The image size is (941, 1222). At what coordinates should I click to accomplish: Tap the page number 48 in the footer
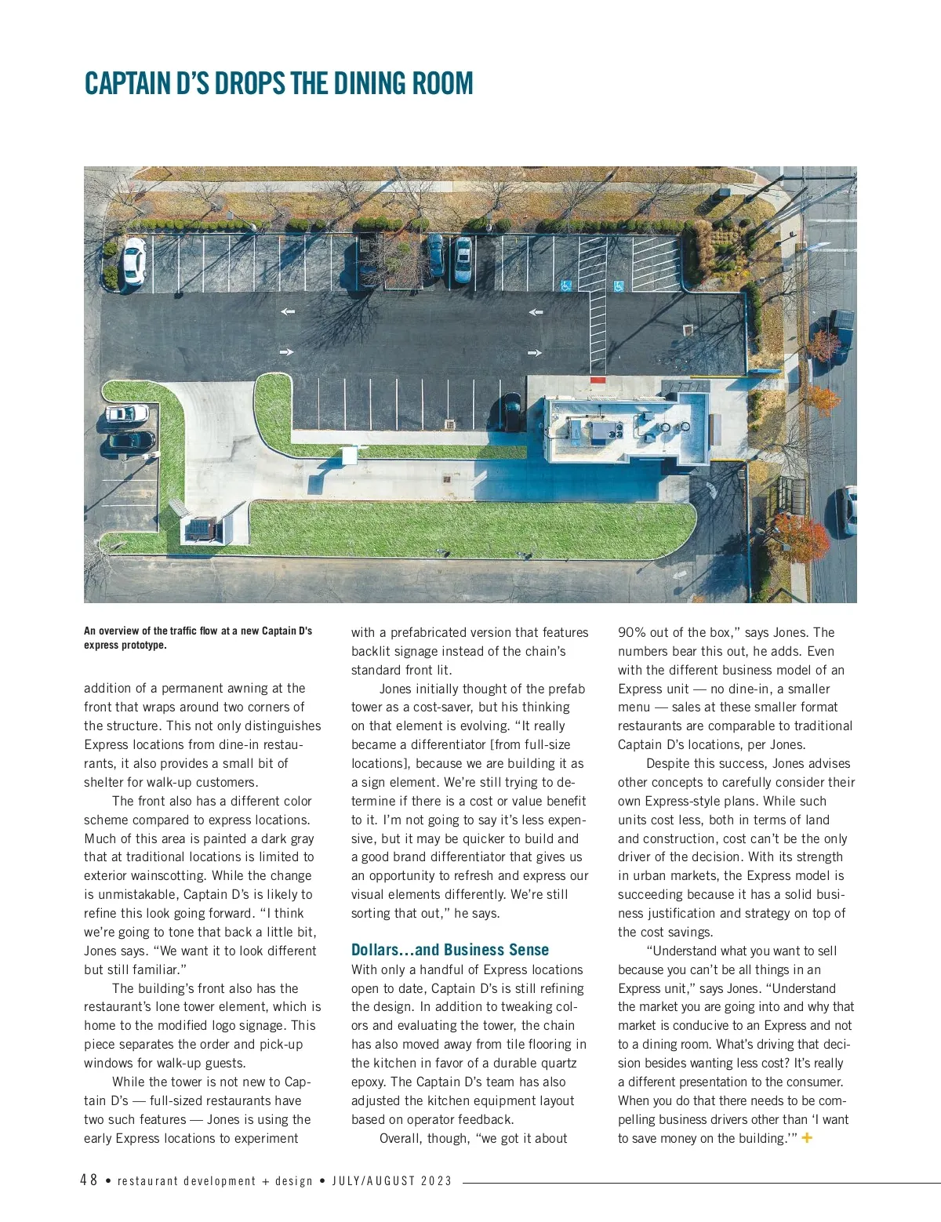tap(89, 1180)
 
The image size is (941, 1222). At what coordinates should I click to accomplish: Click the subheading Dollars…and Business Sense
tap(449, 950)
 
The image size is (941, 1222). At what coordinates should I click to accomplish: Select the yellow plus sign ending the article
tap(807, 1138)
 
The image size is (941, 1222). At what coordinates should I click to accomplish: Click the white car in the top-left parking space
tap(134, 260)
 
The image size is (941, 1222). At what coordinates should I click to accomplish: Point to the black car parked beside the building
tap(511, 411)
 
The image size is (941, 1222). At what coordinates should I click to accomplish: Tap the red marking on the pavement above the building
tap(598, 380)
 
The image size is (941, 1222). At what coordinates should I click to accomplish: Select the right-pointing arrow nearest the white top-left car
tap(286, 352)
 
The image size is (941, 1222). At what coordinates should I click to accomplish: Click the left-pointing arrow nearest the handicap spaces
tap(536, 312)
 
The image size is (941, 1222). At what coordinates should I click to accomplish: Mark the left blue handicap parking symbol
tap(566, 286)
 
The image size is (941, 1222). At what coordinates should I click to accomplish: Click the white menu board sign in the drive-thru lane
tap(349, 455)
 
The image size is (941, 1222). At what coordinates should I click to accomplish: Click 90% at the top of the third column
tap(633, 632)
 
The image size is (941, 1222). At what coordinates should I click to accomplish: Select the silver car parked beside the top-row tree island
tap(463, 260)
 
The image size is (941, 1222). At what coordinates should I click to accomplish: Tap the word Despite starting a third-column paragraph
tap(669, 764)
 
